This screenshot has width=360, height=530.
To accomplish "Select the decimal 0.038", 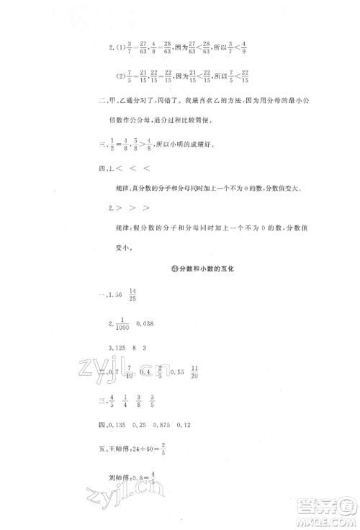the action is coord(148,323).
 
